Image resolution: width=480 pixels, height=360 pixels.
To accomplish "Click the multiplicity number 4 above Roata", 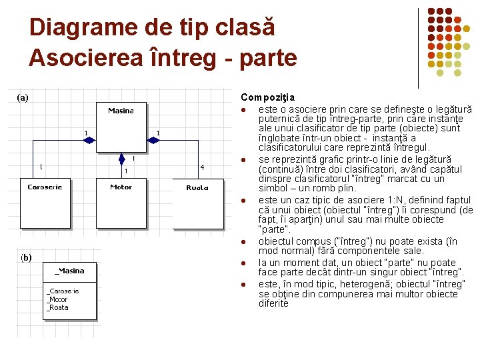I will coord(202,167).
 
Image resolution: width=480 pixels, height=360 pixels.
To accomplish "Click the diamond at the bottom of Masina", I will coord(121,159).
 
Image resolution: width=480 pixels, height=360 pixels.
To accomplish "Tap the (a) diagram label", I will coord(23,97).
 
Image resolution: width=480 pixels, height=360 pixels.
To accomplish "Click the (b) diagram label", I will coord(25,257).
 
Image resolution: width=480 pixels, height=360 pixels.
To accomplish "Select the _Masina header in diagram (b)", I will coord(70,271).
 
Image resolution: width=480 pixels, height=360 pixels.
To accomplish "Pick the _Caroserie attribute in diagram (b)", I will coord(63,291).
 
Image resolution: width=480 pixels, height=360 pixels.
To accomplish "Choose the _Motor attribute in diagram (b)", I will coord(57,299).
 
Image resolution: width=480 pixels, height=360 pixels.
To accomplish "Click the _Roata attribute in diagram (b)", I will coord(57,307).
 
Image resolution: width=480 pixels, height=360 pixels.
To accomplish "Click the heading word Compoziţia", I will coord(268,98).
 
